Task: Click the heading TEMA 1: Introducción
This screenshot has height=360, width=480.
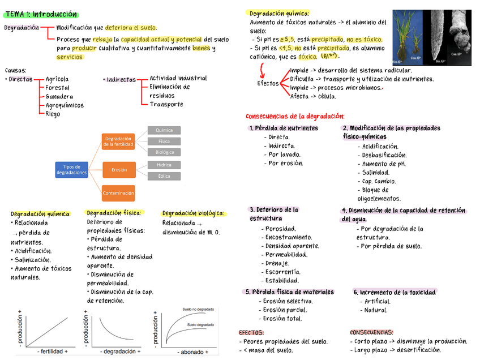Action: (41, 14)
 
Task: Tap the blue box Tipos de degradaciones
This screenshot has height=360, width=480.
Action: (71, 170)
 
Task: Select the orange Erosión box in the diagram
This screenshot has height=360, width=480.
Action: (119, 170)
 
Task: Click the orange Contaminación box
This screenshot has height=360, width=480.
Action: (118, 193)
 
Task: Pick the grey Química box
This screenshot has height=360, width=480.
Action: (164, 130)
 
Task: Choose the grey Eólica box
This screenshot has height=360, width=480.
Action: (164, 176)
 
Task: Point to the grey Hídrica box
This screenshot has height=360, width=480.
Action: (164, 165)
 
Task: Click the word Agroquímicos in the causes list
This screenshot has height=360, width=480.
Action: (65, 105)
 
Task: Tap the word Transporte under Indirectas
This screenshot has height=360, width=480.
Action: (166, 104)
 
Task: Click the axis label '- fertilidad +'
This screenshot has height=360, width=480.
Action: (52, 352)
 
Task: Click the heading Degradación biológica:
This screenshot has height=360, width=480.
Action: (193, 213)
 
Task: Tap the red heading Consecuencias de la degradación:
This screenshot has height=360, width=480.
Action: (295, 115)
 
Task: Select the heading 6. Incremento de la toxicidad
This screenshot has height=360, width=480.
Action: (395, 292)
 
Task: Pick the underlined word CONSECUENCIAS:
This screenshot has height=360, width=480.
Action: (371, 332)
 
